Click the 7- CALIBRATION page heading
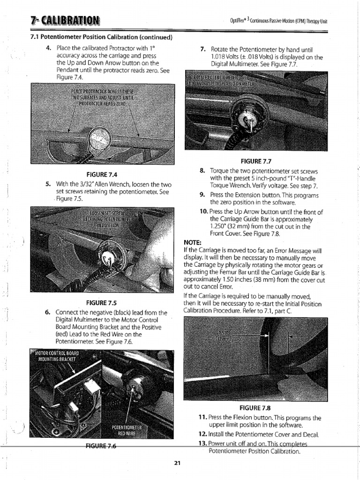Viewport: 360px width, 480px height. pyautogui.click(x=65, y=21)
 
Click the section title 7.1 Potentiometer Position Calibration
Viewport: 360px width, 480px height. pyautogui.click(x=101, y=37)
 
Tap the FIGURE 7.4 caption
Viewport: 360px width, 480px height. pyautogui.click(x=101, y=174)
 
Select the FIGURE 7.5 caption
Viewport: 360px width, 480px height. pyautogui.click(x=101, y=302)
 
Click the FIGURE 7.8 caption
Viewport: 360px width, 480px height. pyautogui.click(x=255, y=407)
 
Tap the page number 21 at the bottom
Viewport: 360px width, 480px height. pyautogui.click(x=177, y=464)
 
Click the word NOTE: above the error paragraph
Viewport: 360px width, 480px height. pyautogui.click(x=193, y=242)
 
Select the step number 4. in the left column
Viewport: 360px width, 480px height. pyautogui.click(x=49, y=48)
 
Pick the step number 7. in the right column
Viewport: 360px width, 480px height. pyautogui.click(x=203, y=49)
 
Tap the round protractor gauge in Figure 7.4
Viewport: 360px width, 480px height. pyautogui.click(x=100, y=139)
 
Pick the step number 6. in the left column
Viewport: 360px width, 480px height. pyautogui.click(x=49, y=312)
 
